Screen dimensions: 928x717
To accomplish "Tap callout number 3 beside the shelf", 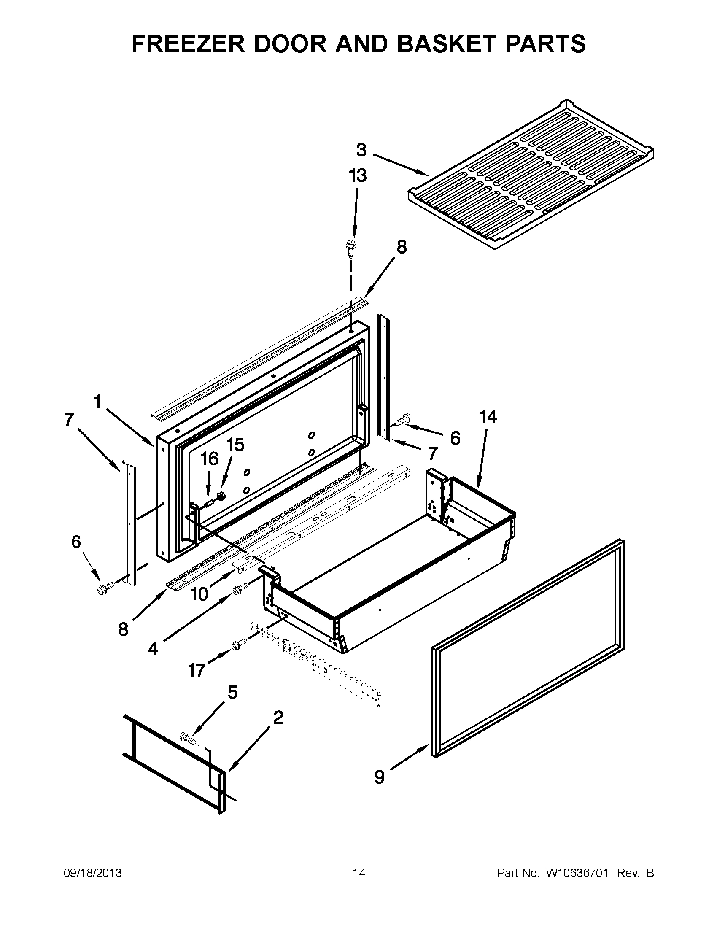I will (361, 150).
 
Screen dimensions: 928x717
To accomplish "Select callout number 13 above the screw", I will (357, 175).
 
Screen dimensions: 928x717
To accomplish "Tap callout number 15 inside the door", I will (235, 445).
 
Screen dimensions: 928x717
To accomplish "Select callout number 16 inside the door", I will (209, 459).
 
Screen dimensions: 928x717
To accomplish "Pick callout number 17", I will (197, 671).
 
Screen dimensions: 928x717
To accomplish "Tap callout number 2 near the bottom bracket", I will (278, 717).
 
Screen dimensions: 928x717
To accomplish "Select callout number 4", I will (153, 648).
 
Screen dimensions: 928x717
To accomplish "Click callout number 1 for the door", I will (97, 401).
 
